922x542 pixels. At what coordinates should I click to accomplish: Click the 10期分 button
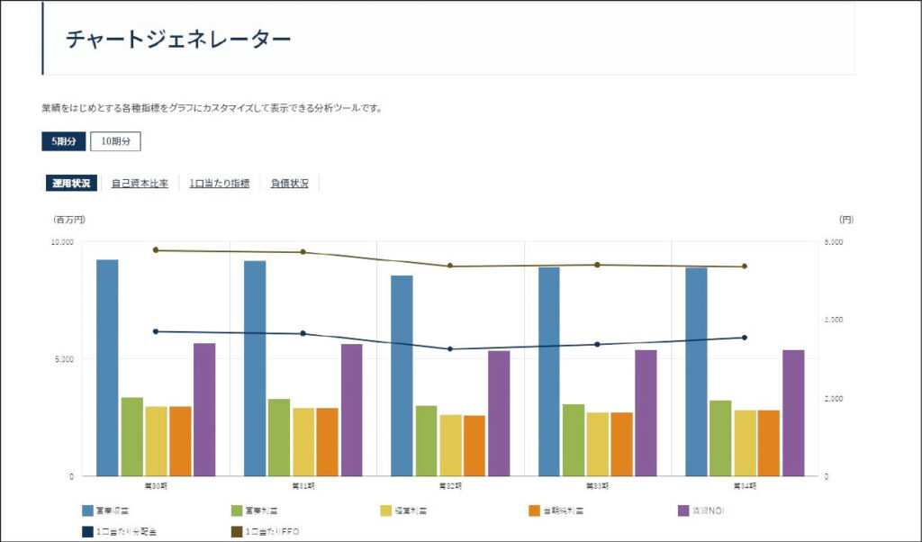tap(115, 141)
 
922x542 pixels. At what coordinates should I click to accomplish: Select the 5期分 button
tap(64, 141)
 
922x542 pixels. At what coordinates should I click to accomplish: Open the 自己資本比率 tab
tap(140, 184)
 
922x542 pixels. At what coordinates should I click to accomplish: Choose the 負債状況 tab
tap(289, 184)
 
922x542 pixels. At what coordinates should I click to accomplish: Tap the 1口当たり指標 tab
tap(219, 184)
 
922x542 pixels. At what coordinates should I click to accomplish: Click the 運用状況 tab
tap(71, 184)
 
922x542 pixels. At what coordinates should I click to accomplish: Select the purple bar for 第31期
tap(352, 410)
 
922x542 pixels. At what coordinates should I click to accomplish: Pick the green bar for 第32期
tap(426, 440)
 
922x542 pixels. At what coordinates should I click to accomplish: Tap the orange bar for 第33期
tap(622, 444)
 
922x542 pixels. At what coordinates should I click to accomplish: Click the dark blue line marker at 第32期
tap(450, 349)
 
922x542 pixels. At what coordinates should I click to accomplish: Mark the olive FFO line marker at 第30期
tap(156, 250)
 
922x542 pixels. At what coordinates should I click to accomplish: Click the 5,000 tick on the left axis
tap(64, 359)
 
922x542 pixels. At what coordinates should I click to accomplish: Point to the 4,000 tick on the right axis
tap(834, 321)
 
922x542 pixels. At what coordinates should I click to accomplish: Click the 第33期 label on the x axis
tap(597, 485)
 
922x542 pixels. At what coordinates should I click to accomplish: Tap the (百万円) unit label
tap(69, 219)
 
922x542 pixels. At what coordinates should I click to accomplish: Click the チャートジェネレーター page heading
tap(178, 40)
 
